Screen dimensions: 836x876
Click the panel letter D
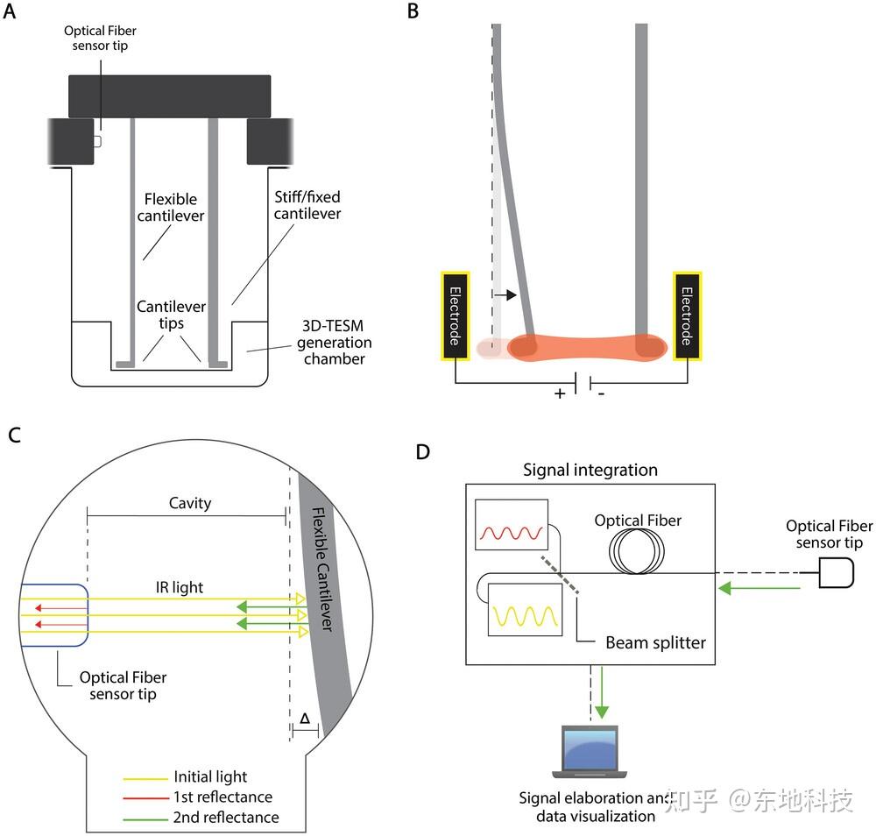click(423, 451)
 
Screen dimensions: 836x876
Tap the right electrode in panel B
click(687, 315)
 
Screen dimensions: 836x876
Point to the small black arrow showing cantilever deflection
click(505, 295)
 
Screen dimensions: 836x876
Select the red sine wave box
click(511, 525)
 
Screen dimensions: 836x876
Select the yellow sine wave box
click(525, 609)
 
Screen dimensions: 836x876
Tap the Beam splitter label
click(655, 642)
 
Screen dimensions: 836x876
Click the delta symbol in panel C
click(303, 718)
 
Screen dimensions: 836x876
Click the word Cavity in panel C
click(190, 503)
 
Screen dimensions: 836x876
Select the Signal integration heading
click(590, 470)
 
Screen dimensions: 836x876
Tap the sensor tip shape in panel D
click(834, 574)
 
